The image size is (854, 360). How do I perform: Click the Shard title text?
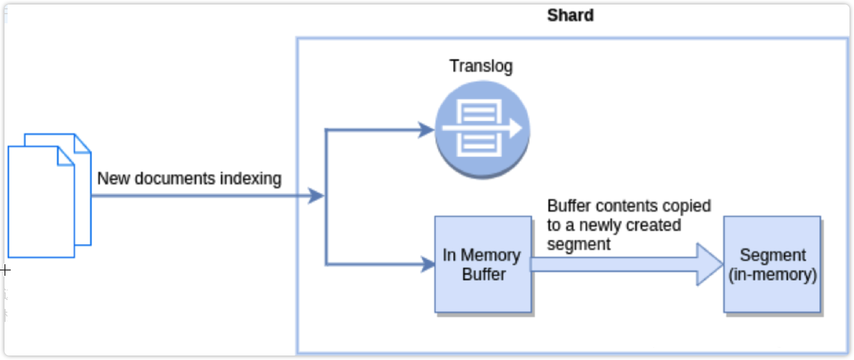pos(570,15)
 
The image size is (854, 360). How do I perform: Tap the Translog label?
pos(481,66)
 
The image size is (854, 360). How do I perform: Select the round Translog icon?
pos(483,130)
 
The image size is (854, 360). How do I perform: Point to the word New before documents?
pos(113,179)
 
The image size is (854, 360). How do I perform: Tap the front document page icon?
pos(40,206)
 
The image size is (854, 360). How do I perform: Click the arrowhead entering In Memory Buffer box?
pos(427,264)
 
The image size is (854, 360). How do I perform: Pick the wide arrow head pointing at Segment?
pos(709,264)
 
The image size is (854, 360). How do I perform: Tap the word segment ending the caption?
pos(578,244)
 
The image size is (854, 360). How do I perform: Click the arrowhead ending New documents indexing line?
pos(316,196)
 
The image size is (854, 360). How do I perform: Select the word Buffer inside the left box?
pos(483,274)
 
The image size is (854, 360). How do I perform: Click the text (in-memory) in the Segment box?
pos(773,274)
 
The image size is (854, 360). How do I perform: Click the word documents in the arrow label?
pos(175,179)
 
